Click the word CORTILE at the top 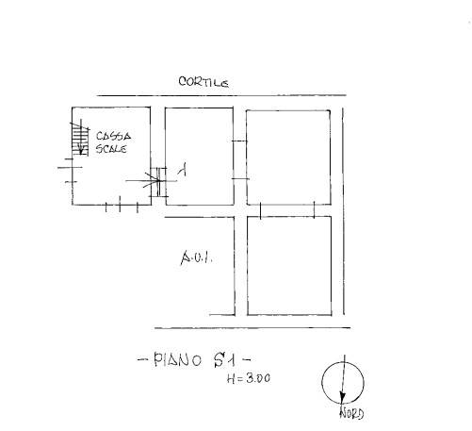(x=203, y=82)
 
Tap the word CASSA (x=113, y=136)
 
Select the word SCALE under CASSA (x=111, y=148)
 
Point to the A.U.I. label (x=197, y=258)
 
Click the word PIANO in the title (x=177, y=360)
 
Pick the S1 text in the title (x=224, y=360)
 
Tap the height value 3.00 (x=258, y=378)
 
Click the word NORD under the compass (x=351, y=413)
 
